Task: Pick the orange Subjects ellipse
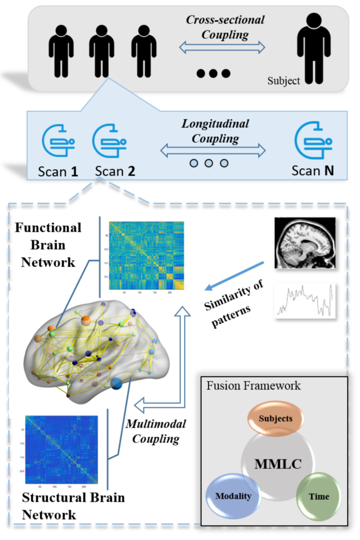[x=276, y=418]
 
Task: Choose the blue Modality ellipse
[x=233, y=495]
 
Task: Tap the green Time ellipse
[x=318, y=496]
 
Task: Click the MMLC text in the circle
[x=277, y=464]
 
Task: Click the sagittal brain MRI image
[x=305, y=243]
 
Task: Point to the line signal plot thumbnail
[x=305, y=300]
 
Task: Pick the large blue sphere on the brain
[x=117, y=383]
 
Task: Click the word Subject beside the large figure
[x=284, y=81]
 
